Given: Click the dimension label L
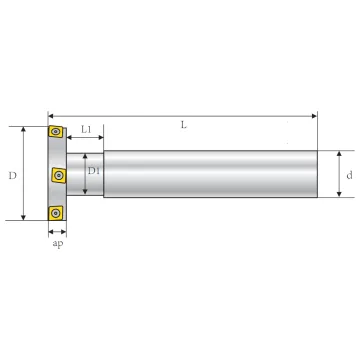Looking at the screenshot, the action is [x=184, y=125].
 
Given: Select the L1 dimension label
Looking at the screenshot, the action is [x=86, y=129].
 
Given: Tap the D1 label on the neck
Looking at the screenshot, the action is [x=94, y=171].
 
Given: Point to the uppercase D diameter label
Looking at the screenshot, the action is [x=12, y=176].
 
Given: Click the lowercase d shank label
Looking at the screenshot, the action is [x=349, y=175].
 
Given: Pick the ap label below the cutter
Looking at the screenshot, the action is [x=58, y=244].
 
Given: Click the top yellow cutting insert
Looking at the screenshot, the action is [x=55, y=131].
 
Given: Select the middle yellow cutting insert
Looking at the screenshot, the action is [x=59, y=175].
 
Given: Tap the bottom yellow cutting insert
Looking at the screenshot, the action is [x=55, y=212].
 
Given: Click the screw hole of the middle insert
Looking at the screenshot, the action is [x=59, y=174].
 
